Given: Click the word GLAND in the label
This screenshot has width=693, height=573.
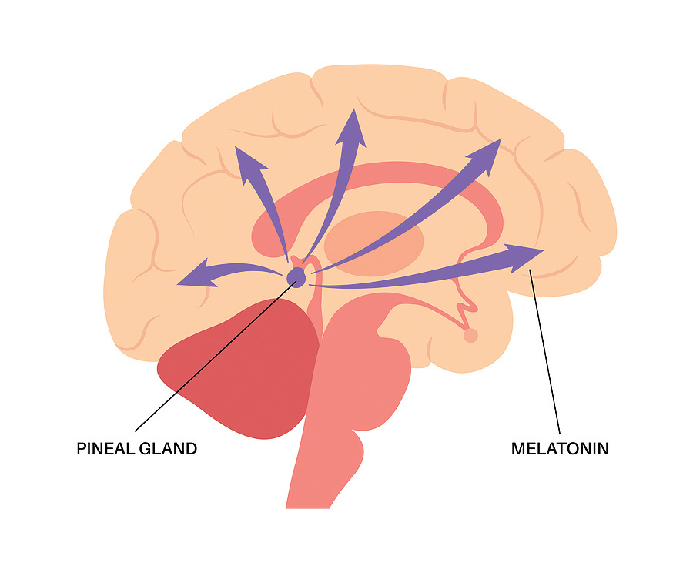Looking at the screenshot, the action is click(x=168, y=449).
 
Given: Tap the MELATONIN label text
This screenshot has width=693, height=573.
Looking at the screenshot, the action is click(x=560, y=449).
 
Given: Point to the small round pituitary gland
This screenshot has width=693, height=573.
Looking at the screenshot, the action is click(x=470, y=336).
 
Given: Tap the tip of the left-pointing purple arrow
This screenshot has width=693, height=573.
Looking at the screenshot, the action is click(x=177, y=284).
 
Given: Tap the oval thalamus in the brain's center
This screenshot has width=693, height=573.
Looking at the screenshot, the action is click(x=374, y=243).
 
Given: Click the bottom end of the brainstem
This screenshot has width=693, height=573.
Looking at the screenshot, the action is click(x=307, y=508).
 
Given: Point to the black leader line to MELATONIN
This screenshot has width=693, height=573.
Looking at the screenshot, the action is click(x=545, y=351).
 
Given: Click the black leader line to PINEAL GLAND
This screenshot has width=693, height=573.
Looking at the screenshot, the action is click(x=216, y=356).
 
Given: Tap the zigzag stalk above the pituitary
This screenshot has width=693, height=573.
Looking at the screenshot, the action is click(x=464, y=305).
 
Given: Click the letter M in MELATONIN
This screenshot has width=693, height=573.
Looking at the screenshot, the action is click(x=519, y=449).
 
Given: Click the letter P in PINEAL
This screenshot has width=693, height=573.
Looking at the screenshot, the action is click(x=82, y=449).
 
